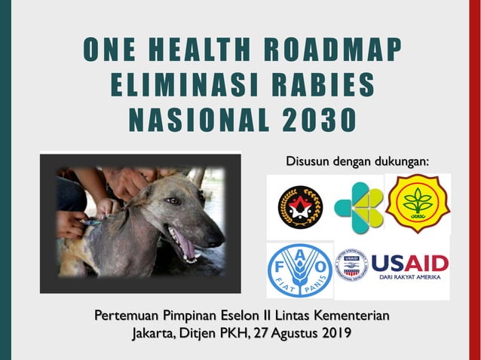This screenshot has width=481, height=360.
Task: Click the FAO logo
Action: (x=299, y=270)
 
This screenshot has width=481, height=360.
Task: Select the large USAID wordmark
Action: (x=409, y=263)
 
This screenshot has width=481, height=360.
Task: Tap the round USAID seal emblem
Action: (x=351, y=263)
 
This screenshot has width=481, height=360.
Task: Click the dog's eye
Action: (x=176, y=202)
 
